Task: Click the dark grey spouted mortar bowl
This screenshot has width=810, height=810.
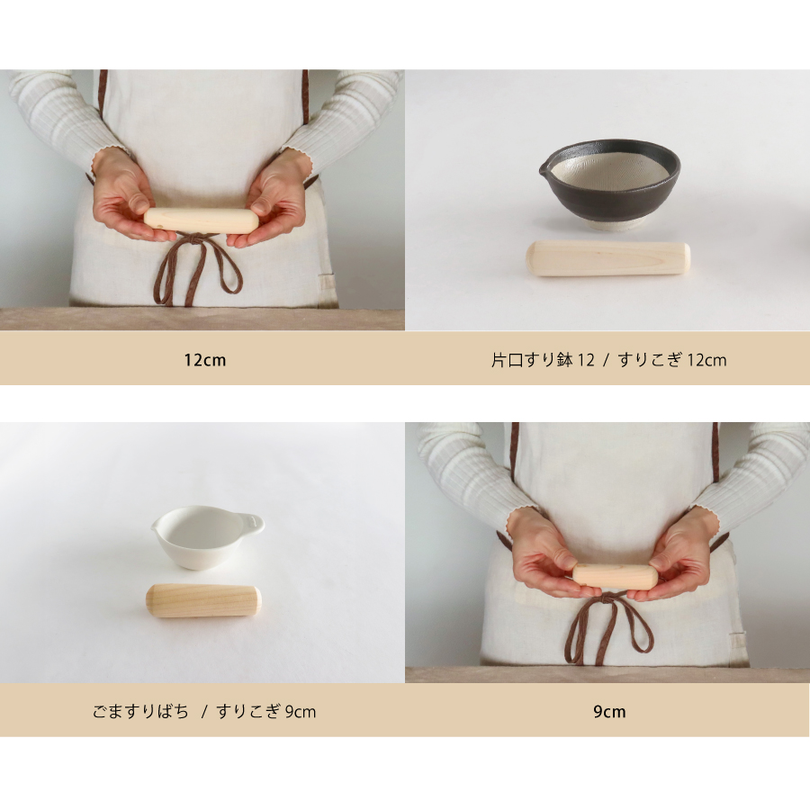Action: tap(609, 184)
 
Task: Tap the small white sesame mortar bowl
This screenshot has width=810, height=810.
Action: tap(207, 537)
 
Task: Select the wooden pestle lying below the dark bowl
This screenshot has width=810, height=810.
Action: tap(608, 258)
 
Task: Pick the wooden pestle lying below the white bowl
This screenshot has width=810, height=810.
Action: tap(203, 600)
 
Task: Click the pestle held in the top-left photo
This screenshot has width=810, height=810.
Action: tap(202, 220)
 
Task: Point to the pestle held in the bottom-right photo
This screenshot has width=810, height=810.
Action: tap(616, 577)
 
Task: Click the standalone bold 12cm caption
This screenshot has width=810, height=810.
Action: tap(205, 359)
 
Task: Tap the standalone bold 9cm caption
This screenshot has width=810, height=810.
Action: tap(609, 711)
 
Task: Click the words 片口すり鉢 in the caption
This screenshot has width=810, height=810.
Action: tap(532, 359)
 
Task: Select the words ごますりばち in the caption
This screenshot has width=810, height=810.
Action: tap(140, 711)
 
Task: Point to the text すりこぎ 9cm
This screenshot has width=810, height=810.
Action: tap(266, 711)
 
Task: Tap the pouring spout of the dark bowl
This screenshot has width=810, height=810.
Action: tap(544, 167)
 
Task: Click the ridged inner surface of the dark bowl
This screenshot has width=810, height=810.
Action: tap(609, 169)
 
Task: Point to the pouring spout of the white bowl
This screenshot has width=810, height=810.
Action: tap(155, 525)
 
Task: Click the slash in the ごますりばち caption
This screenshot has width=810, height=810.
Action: tap(204, 712)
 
